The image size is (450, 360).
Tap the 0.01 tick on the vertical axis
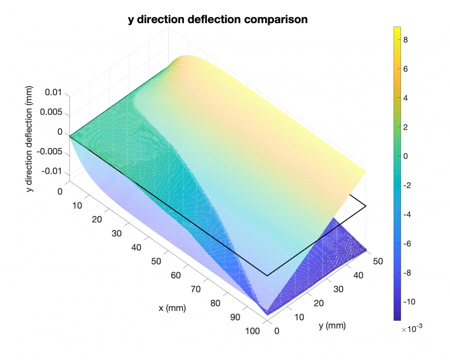[53, 92]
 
